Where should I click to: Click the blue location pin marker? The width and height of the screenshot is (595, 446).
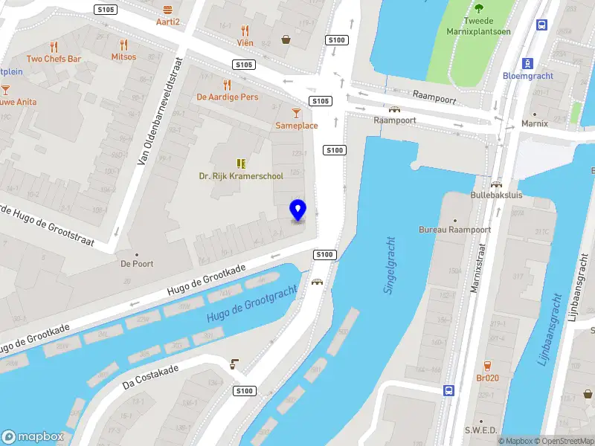coord(298,210)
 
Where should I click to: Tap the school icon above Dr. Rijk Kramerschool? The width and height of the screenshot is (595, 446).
coord(240,163)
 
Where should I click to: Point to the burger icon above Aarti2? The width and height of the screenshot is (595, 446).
coord(168,10)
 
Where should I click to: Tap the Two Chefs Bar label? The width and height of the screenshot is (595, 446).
coord(54,59)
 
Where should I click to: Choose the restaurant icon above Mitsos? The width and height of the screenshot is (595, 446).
coord(123,45)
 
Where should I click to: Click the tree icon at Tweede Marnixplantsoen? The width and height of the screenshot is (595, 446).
coord(477,9)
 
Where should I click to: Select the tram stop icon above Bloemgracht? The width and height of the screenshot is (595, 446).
coord(527,63)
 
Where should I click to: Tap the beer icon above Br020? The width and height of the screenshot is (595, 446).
coord(487,365)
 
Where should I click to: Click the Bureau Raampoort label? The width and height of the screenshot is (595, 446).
coord(454,230)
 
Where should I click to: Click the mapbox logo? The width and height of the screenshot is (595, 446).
coord(33,436)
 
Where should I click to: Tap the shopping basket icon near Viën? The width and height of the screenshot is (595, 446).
coord(286,39)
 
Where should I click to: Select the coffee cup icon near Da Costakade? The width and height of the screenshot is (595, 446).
coord(234,363)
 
